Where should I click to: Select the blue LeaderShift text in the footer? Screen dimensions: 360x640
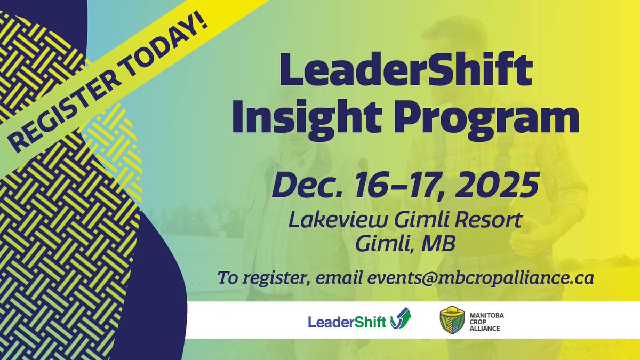(x=347, y=322)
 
